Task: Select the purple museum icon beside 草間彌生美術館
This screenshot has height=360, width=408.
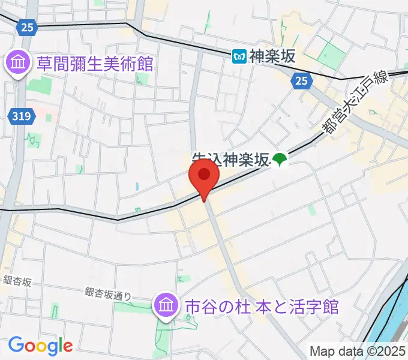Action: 18,62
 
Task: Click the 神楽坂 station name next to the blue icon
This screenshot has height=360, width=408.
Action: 273,56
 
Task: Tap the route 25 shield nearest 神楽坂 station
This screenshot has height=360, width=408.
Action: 301,80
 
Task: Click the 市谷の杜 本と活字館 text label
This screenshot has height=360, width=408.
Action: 262,307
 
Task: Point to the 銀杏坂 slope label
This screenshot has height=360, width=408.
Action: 17,281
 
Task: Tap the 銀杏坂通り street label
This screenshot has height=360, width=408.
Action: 107,294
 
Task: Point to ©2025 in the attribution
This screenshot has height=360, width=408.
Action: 381,351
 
